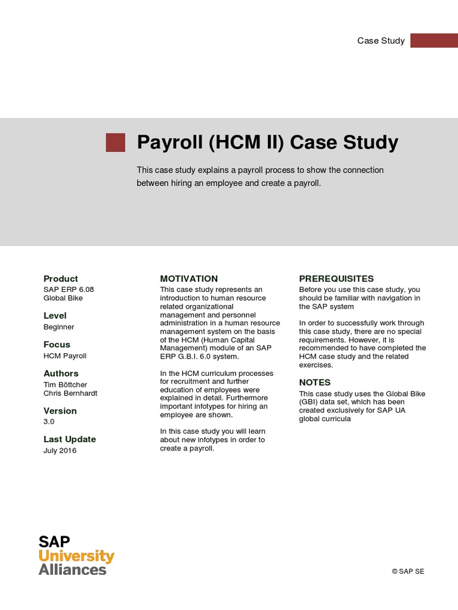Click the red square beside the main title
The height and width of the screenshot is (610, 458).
tap(116, 143)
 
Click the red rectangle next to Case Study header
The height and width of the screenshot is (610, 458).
tap(434, 41)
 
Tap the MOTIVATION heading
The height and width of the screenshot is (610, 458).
tap(189, 279)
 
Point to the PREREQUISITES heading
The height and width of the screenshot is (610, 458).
tap(336, 279)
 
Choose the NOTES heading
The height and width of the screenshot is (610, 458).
tap(315, 382)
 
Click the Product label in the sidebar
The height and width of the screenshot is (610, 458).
tap(61, 279)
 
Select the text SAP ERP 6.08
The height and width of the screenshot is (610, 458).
tap(69, 290)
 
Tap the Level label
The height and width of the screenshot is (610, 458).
tap(55, 316)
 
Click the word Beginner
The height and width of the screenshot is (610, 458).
tap(59, 327)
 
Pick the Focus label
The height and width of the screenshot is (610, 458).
tap(57, 345)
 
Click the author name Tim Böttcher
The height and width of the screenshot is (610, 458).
tap(65, 385)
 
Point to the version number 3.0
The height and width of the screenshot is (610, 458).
tap(49, 422)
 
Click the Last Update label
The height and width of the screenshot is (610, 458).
tap(70, 440)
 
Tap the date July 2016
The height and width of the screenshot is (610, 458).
tap(60, 451)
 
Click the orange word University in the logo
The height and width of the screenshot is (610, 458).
tap(76, 556)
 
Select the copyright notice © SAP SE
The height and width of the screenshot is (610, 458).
tap(408, 571)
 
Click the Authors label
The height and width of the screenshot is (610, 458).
tap(61, 374)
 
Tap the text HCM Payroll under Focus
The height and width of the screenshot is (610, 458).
tap(65, 356)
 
